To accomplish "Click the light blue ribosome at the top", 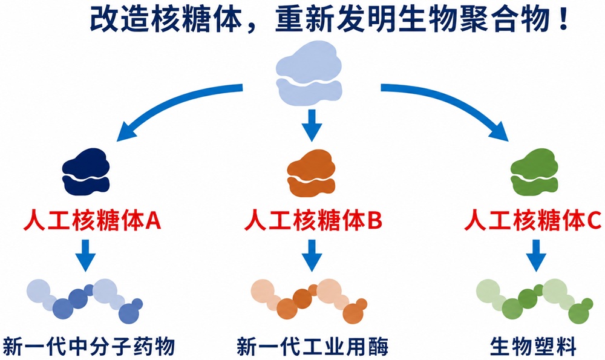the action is tap(309, 73).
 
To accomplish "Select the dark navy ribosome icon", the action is tap(86, 172).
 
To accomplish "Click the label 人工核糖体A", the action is tap(92, 220).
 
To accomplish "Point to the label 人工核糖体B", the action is tap(313, 220).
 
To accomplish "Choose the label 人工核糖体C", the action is tap(533, 220).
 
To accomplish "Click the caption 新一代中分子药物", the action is tap(89, 346).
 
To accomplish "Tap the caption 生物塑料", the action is tap(534, 346).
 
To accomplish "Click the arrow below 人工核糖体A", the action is tap(85, 255).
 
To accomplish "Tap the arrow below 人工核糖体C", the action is tap(536, 255).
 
